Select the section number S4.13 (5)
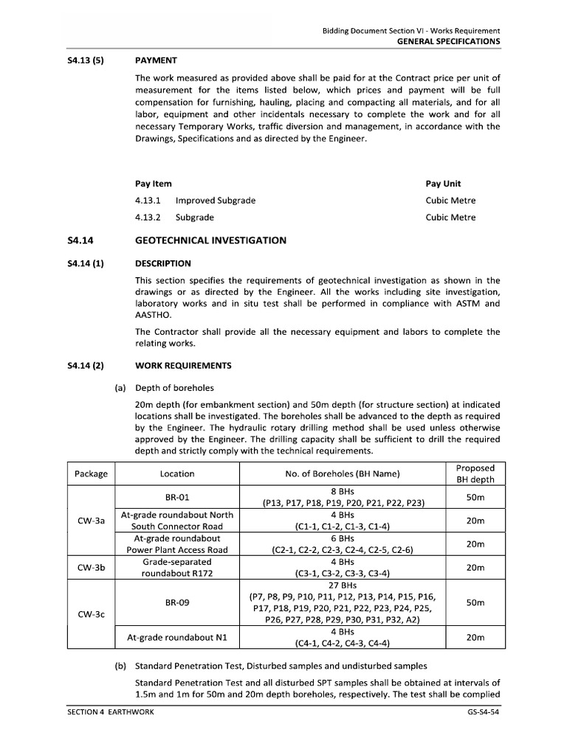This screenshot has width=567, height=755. point(83,60)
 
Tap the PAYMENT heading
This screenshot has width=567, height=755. point(156,60)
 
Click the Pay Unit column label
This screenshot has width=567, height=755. point(443,184)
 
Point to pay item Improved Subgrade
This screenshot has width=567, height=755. point(216,201)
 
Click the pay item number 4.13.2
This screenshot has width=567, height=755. point(148,218)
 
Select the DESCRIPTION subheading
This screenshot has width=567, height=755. point(163,263)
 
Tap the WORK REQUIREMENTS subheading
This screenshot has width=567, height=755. point(183,365)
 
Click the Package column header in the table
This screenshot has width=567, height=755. point(91,473)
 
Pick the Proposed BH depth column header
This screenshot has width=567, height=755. point(475,473)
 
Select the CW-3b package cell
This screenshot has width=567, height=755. point(91,568)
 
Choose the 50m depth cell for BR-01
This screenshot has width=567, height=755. point(475,497)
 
